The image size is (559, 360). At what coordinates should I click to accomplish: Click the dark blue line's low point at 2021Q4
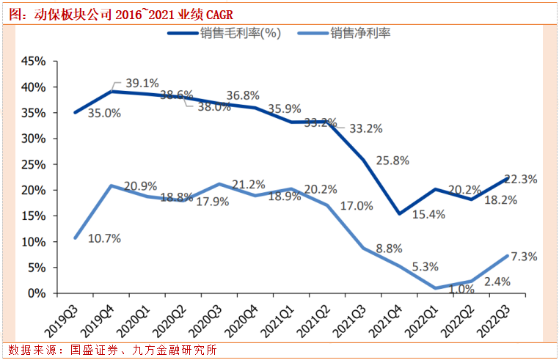click(x=398, y=214)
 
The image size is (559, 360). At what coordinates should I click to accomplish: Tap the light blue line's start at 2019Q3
click(x=75, y=238)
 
